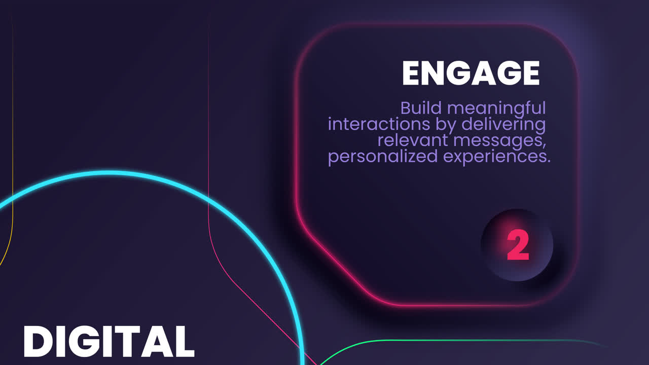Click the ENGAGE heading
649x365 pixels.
click(x=471, y=74)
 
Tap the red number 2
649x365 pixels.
click(x=518, y=246)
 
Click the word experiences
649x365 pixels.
click(x=496, y=157)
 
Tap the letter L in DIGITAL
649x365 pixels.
click(x=182, y=341)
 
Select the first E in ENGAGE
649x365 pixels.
click(x=412, y=74)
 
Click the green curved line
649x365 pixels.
click(x=385, y=341)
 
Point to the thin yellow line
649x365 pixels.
click(x=12, y=152)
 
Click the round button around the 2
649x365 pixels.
click(x=537, y=264)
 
